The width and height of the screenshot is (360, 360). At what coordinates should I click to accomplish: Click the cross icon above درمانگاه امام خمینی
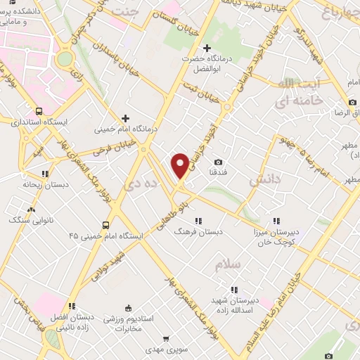pyautogui.click(x=126, y=118)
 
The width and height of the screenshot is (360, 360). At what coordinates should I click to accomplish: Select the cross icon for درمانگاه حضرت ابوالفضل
pyautogui.click(x=206, y=48)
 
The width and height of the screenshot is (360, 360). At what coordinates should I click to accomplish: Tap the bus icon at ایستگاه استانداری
pyautogui.click(x=39, y=110)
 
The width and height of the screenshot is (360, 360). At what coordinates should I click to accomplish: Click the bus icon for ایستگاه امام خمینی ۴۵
pyautogui.click(x=105, y=225)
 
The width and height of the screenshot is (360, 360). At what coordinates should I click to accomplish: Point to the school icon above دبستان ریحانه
pyautogui.click(x=45, y=173)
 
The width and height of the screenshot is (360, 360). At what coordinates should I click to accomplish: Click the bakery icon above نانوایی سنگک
pyautogui.click(x=30, y=210)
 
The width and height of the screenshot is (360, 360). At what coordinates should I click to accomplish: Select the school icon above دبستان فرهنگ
pyautogui.click(x=199, y=219)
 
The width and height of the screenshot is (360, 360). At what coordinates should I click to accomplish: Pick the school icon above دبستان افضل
pyautogui.click(x=72, y=306)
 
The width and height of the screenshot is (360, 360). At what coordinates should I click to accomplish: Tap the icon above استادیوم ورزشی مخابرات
pyautogui.click(x=127, y=307)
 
